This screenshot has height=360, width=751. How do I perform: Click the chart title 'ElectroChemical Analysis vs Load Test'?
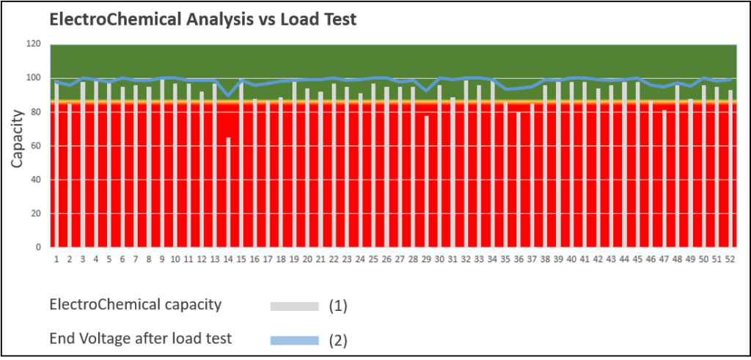coord(202,20)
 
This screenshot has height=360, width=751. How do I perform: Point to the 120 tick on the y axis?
coord(34,44)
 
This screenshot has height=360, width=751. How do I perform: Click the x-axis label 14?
coord(228,259)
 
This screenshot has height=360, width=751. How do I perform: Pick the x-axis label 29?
coord(426,259)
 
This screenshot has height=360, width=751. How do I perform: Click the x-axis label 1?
coord(56,259)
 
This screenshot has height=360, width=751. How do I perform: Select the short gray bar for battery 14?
coord(228,192)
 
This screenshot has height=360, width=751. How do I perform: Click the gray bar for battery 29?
coord(426,181)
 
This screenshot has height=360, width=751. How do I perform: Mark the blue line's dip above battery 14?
coord(228,95)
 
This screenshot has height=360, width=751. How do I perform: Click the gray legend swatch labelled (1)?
coord(295,306)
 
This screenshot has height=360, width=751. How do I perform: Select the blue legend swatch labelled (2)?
coord(295,339)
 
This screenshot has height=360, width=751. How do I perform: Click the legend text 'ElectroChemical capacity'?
coord(135,305)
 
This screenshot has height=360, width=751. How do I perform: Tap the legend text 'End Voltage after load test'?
coord(140,338)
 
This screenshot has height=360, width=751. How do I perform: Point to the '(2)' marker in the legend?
coord(337,340)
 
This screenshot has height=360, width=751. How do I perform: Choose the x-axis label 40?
coord(571,259)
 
